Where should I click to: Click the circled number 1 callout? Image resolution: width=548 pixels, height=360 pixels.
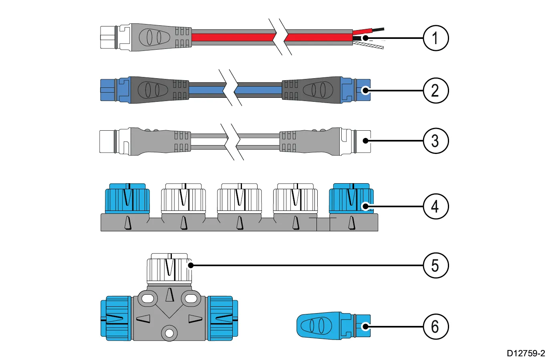tap(435, 38)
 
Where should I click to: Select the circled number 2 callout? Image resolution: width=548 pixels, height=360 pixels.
tap(435, 90)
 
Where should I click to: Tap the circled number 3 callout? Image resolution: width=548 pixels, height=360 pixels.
tap(435, 141)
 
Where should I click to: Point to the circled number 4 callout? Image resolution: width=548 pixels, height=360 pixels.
tap(435, 207)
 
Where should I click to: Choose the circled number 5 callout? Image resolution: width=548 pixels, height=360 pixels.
tap(435, 265)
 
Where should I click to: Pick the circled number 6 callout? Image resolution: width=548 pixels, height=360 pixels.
tap(435, 327)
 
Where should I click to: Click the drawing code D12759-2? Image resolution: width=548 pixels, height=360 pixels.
tap(526, 353)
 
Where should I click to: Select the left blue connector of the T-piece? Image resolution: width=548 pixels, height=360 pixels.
tap(116, 319)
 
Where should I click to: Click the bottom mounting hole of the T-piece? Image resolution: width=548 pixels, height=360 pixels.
tap(169, 333)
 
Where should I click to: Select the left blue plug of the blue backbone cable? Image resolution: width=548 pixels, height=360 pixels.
tap(109, 90)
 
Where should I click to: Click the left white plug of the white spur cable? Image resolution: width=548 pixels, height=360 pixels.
tap(108, 141)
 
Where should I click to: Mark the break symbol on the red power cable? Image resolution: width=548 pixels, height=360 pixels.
tap(280, 37)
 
